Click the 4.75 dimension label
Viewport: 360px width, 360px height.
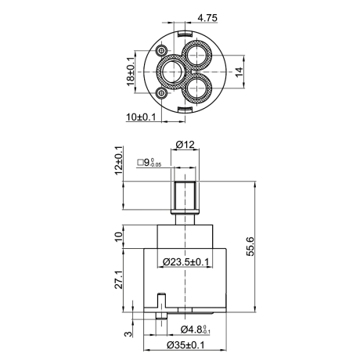207,18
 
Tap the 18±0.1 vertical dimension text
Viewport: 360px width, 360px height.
131,71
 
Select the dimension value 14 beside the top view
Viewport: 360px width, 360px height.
239,72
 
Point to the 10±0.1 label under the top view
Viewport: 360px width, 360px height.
141,117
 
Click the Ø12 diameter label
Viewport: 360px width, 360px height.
185,144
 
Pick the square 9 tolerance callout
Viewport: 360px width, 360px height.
149,163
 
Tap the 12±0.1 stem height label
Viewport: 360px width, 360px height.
118,160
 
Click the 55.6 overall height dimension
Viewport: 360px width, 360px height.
250,247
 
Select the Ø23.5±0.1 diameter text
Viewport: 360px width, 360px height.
186,261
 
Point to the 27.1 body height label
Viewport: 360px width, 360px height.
119,279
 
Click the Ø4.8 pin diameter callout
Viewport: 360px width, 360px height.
196,329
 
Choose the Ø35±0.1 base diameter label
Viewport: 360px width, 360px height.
185,345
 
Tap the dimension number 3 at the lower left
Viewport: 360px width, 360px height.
128,333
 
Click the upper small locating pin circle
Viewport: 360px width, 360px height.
160,50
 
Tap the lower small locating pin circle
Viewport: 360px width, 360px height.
161,92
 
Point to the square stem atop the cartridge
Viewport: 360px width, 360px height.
185,195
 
